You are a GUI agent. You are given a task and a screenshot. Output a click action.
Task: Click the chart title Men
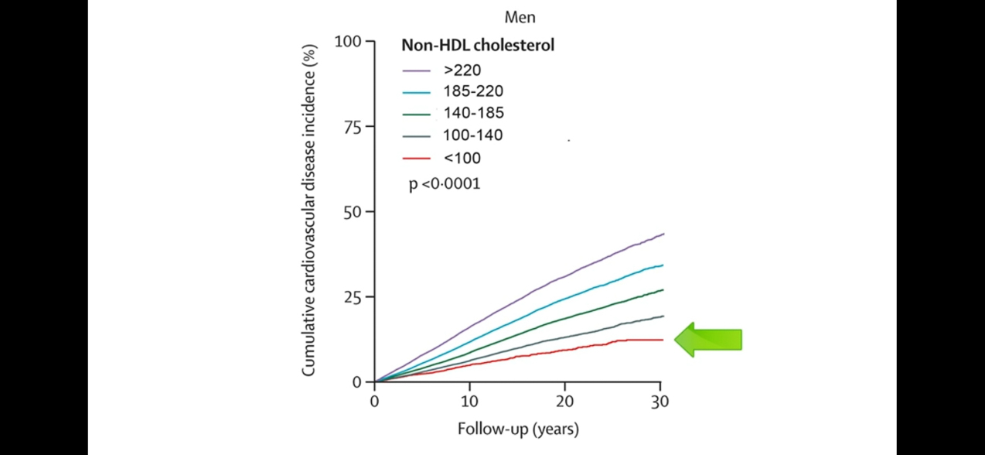tap(520, 16)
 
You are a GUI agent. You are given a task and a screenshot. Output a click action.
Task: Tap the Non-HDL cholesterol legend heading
tap(477, 46)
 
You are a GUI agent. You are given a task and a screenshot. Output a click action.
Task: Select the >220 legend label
tap(462, 70)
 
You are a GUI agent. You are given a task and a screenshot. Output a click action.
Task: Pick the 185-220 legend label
tap(473, 91)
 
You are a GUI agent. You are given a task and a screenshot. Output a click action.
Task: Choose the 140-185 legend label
tap(473, 114)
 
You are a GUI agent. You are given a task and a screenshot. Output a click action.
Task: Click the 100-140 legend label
tap(473, 135)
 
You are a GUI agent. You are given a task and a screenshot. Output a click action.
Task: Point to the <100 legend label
tap(462, 159)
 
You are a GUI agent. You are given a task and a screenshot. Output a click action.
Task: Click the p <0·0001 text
tap(445, 184)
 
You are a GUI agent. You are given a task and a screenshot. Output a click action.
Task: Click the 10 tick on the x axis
tap(469, 402)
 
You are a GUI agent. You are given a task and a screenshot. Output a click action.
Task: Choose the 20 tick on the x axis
tap(565, 402)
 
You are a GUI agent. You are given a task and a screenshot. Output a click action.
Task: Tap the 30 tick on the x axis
tap(660, 402)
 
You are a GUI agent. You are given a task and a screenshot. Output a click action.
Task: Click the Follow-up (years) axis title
tap(517, 428)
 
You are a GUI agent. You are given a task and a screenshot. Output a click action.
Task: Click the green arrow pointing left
tap(708, 340)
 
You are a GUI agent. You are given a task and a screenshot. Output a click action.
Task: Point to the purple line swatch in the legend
tap(416, 70)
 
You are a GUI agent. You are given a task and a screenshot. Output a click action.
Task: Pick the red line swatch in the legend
tap(416, 159)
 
